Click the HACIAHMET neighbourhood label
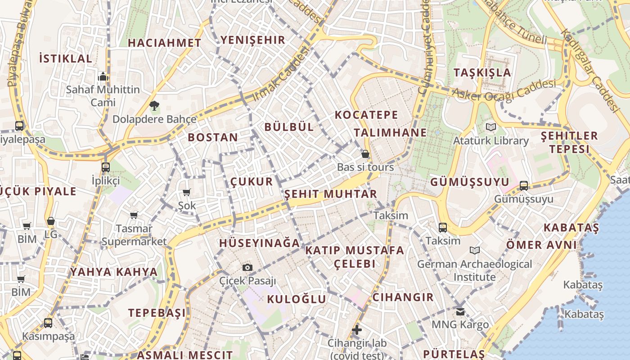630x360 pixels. coord(164,43)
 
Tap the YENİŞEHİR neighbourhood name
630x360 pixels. coord(253,40)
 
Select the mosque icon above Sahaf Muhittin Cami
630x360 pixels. coord(103,76)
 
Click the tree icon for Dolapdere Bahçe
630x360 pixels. coord(154,106)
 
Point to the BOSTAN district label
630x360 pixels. coord(213,138)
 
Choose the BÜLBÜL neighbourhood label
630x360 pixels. coord(289,127)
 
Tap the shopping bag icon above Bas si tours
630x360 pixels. coord(365,154)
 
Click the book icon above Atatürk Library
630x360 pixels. coord(490,127)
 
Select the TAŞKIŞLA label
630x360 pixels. coord(482,73)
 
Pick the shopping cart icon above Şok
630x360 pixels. coord(186,193)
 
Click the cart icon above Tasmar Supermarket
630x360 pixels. coord(134,215)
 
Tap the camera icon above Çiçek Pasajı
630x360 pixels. coord(247,268)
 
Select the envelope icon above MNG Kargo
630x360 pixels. coord(460,311)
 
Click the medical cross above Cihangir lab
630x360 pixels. coord(357,330)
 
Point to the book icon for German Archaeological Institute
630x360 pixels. coord(474,250)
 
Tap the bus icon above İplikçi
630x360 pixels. coord(106,167)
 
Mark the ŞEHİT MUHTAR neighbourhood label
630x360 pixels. coord(331,194)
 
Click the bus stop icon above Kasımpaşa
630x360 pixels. coord(48,323)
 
